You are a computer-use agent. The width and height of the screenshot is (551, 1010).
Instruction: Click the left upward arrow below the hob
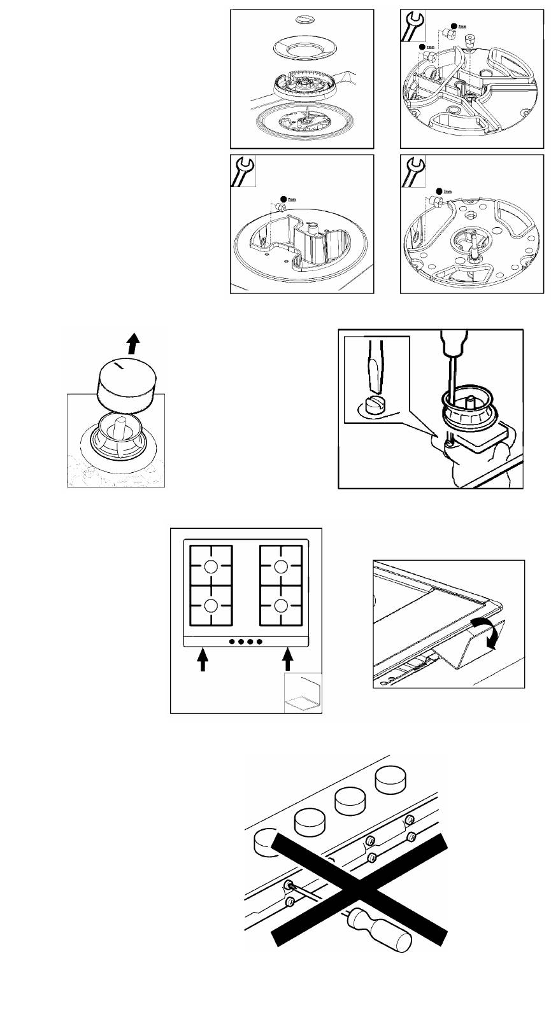[x=203, y=659]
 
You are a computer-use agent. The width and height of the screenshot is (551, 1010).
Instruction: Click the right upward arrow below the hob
[x=287, y=659]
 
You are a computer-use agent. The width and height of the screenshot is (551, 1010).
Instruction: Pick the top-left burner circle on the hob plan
[x=211, y=568]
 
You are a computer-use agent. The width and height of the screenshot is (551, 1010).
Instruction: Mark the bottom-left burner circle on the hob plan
[x=211, y=605]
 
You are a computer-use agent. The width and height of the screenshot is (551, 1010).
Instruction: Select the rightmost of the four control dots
[x=259, y=641]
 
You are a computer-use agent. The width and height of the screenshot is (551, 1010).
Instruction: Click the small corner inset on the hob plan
[x=303, y=694]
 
